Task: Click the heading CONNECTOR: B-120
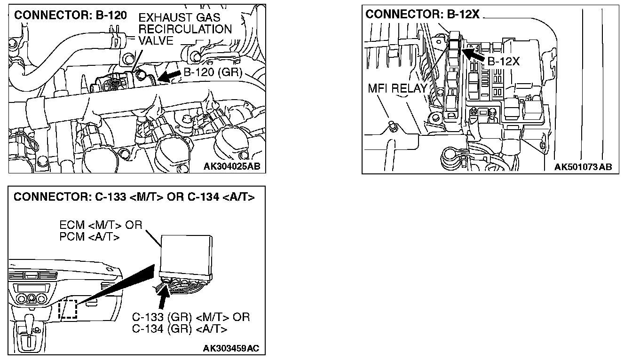point(71,15)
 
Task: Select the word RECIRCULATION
point(185,29)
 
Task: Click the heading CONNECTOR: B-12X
point(422,14)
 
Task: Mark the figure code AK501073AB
point(583,167)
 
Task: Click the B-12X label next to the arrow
point(503,62)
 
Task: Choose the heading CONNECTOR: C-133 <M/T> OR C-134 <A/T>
point(134,197)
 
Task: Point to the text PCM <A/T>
point(89,236)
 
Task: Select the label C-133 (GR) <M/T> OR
point(191,317)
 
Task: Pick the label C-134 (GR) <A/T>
point(180,329)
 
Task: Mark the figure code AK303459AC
point(231,348)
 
